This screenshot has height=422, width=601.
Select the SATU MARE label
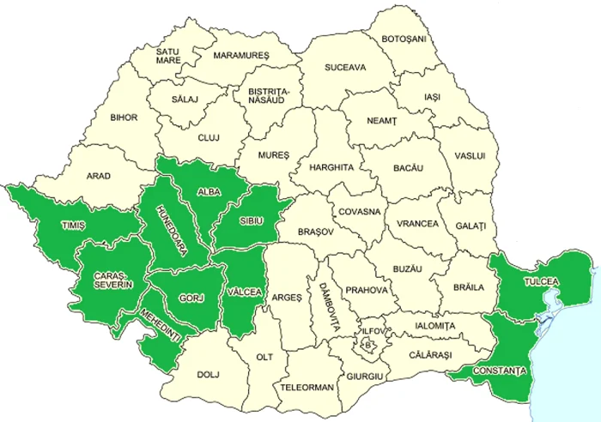167,57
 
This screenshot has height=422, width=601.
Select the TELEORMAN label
307,387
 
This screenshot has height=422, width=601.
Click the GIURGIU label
365,376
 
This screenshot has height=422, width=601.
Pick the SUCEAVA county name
345,67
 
